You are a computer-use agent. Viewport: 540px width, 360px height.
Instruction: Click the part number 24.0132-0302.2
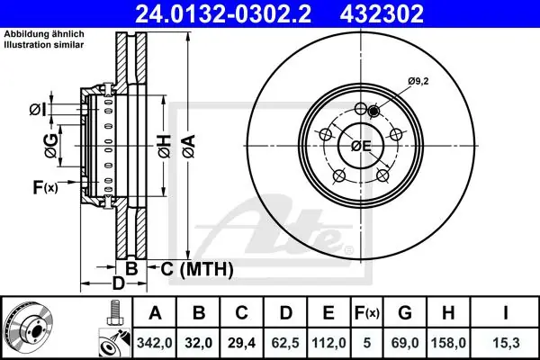[x=223, y=13]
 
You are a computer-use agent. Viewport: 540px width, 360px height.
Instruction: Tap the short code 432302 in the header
[x=382, y=13]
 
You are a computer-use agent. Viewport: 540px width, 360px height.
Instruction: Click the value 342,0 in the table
[x=155, y=343]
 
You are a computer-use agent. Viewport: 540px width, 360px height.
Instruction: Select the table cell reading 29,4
[x=242, y=343]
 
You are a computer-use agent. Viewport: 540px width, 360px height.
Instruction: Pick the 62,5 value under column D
[x=285, y=343]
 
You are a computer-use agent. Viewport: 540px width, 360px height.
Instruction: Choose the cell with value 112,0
[x=328, y=343]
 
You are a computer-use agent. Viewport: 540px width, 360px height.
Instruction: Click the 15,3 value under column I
[x=506, y=343]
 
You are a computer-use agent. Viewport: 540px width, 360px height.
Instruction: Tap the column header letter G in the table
[x=405, y=313]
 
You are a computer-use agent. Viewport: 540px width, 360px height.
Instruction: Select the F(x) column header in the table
[x=366, y=313]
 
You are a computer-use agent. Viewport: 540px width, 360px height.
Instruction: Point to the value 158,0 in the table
[x=448, y=343]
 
